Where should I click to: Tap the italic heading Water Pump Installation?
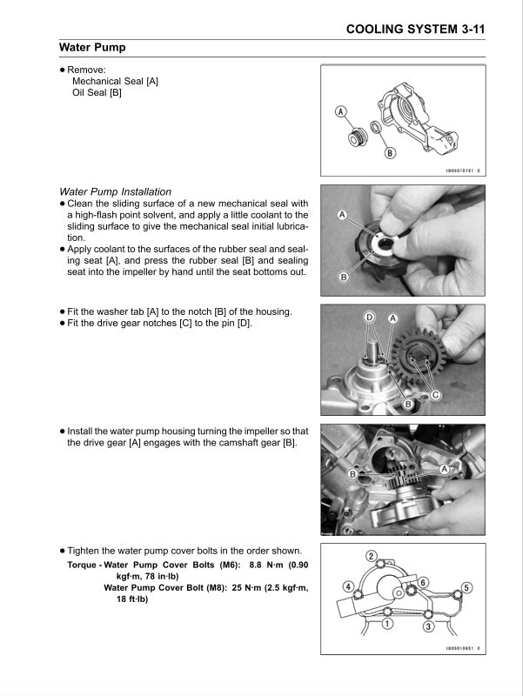[115, 191]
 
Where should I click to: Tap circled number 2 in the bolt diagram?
[371, 556]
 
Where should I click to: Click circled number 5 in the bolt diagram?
[466, 588]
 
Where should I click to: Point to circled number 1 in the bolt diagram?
[387, 623]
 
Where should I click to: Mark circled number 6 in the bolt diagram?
[423, 582]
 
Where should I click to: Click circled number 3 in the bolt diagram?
[428, 626]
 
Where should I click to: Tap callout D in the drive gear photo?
[371, 318]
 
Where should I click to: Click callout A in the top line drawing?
[341, 111]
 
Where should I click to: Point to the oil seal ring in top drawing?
[373, 130]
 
